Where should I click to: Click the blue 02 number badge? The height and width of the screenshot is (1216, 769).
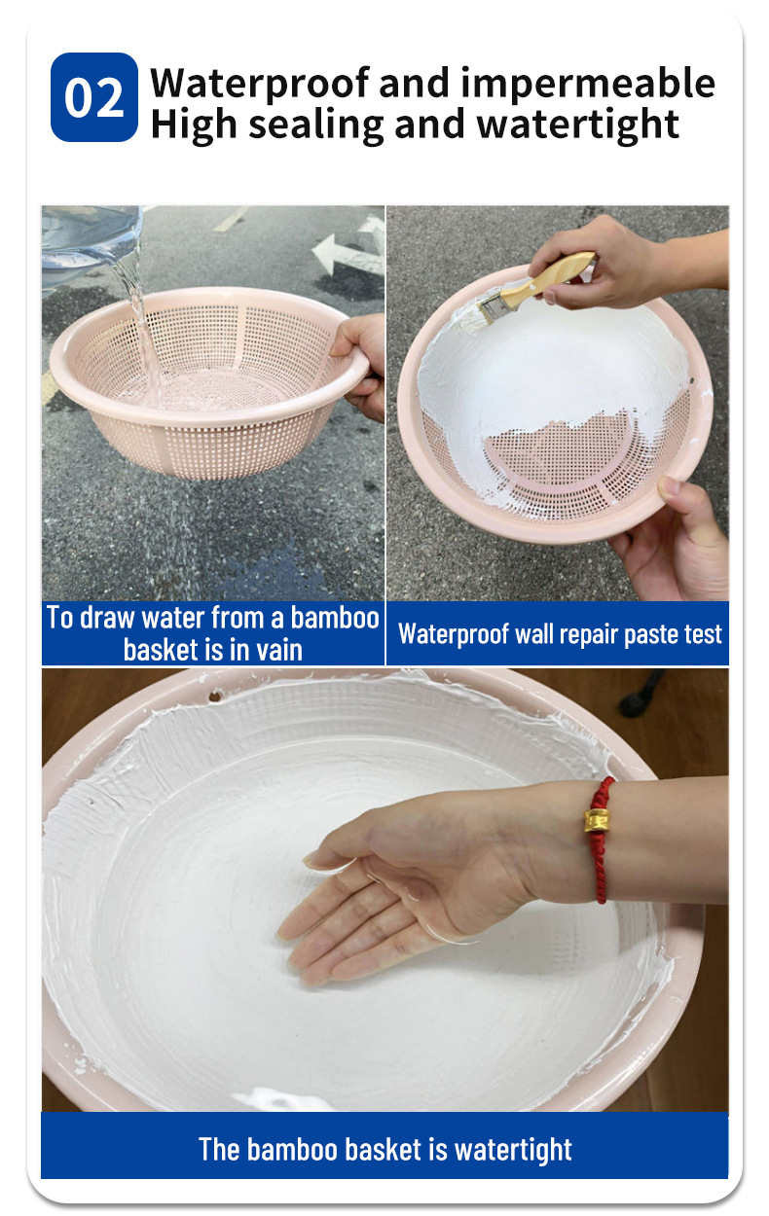[x=94, y=97]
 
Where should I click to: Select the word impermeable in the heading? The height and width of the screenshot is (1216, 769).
[x=588, y=84]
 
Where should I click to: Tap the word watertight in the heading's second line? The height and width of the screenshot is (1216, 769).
[x=578, y=125]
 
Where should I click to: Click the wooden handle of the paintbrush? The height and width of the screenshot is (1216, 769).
[x=548, y=278]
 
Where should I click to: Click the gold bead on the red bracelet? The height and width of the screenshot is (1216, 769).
[x=597, y=821]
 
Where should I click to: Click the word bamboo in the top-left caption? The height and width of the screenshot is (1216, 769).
[x=335, y=618]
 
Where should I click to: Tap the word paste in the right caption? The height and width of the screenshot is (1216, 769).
[x=651, y=634]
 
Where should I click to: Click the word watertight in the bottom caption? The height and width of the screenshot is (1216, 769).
[x=513, y=1150]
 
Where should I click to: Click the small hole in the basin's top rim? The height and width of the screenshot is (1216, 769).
[x=215, y=696]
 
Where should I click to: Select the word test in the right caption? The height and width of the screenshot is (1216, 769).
[x=703, y=634]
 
